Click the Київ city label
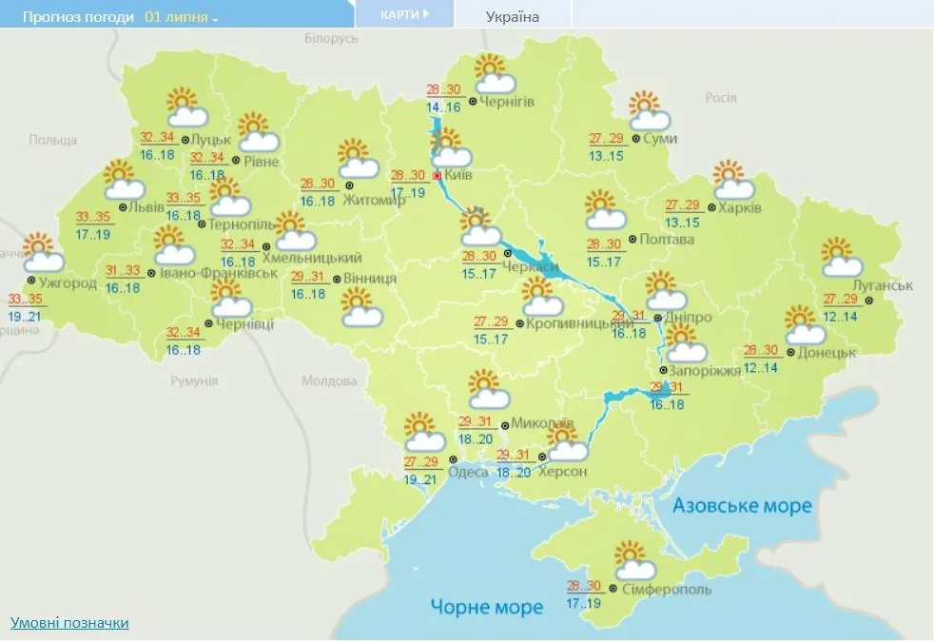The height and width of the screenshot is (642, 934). point(458,176)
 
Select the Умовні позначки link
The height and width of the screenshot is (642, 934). point(69,623)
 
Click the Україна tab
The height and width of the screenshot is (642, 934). point(512,16)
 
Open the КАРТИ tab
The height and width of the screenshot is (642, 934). point(403,14)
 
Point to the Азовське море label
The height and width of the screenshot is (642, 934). point(742,505)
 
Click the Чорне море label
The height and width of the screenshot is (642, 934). point(486,607)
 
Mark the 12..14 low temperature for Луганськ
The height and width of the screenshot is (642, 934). point(841,317)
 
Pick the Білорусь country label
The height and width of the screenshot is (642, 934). point(331,38)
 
